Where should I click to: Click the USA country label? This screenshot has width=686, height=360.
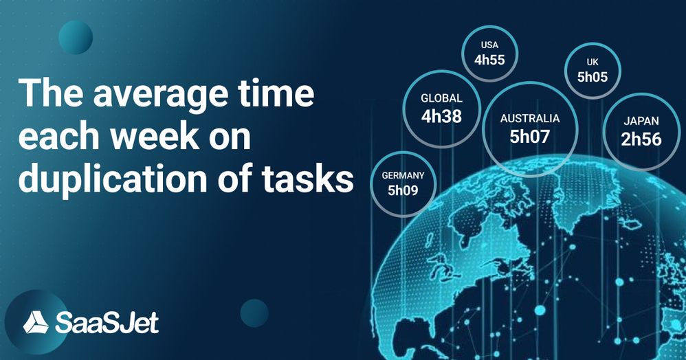[x=489, y=45]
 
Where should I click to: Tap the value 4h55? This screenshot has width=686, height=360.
[x=489, y=60]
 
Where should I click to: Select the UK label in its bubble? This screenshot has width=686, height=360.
[x=593, y=62]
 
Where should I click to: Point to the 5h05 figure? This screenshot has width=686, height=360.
[x=593, y=77]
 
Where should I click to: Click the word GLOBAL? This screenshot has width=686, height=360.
[x=441, y=98]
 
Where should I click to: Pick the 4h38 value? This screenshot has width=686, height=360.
[x=441, y=116]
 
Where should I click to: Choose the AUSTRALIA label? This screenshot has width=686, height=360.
[x=530, y=119]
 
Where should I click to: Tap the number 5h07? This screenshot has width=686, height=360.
[x=530, y=137]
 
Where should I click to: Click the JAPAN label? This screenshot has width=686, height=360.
[x=641, y=121]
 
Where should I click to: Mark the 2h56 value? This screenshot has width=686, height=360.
[x=641, y=139]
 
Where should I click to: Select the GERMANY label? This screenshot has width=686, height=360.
[x=403, y=175]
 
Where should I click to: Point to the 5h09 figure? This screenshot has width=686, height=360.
[x=403, y=190]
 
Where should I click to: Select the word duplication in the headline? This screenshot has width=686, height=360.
[x=113, y=180]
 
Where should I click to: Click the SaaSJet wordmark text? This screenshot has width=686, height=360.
[x=107, y=323]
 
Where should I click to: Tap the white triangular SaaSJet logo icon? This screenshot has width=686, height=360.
[x=36, y=322]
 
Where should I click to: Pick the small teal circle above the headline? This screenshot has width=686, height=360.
[x=76, y=37]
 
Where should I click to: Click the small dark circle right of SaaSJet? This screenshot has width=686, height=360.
[x=254, y=313]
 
